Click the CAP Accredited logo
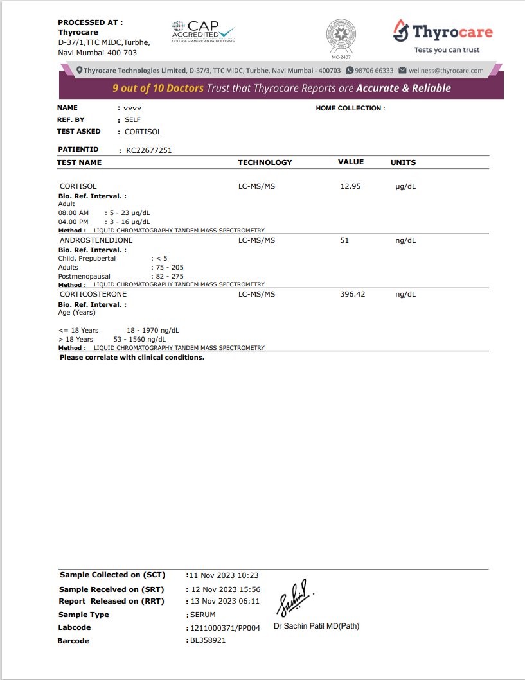tap(203, 31)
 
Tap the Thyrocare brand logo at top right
tap(443, 35)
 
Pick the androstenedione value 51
tap(344, 240)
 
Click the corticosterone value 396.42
tap(352, 294)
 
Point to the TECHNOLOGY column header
tap(265, 162)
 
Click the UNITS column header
tap(403, 162)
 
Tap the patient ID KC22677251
tap(149, 150)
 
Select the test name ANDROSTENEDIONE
tap(96, 240)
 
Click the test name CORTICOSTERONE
tap(94, 294)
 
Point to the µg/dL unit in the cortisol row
tap(405, 186)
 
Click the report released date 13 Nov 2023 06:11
tap(224, 601)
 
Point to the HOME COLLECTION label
tap(350, 109)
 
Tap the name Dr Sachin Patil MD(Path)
tap(316, 626)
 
